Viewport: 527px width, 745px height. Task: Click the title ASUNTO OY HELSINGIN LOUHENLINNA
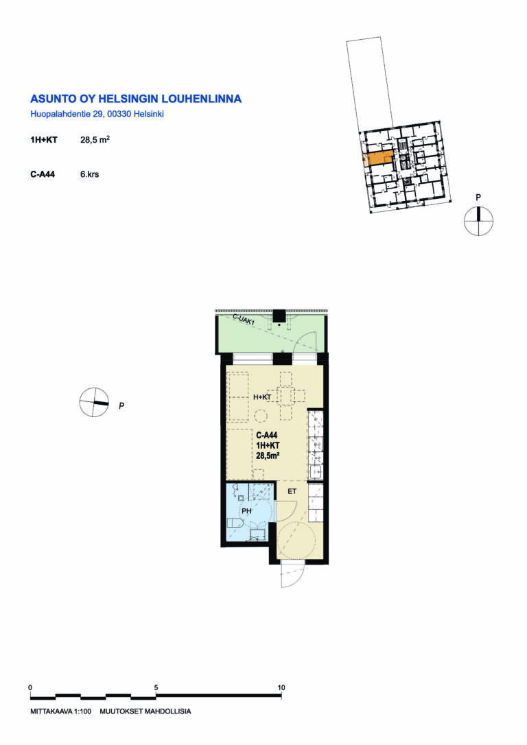coord(136,99)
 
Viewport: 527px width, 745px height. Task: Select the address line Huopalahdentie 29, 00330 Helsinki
coord(97,114)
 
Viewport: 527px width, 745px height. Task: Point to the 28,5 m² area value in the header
coord(95,140)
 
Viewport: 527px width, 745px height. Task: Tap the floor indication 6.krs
coord(89,174)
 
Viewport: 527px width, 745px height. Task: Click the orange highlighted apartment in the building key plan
coord(379,158)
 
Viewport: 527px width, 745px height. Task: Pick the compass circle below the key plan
coord(478,222)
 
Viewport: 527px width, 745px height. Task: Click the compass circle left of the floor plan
coord(94,403)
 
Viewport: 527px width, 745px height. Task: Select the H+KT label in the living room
coord(262,397)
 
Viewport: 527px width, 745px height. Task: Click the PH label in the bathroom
coord(246,511)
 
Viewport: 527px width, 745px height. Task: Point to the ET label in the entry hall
coord(292,491)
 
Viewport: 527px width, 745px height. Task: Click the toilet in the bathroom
coord(235,523)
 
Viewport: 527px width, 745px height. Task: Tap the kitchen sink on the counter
coord(316,472)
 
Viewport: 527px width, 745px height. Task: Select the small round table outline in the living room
coord(261,416)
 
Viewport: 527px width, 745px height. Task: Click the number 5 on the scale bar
coord(156,687)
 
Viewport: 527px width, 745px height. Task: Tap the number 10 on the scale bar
coord(281,687)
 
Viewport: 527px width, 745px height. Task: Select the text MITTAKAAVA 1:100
coord(61,712)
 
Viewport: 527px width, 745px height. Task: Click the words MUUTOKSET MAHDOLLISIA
coord(145,712)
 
